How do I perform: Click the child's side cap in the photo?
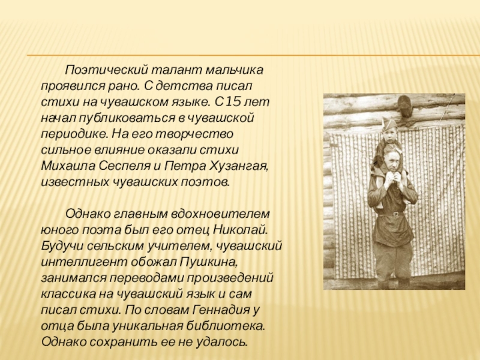coord(388,125)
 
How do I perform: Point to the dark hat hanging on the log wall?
coord(404,104)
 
